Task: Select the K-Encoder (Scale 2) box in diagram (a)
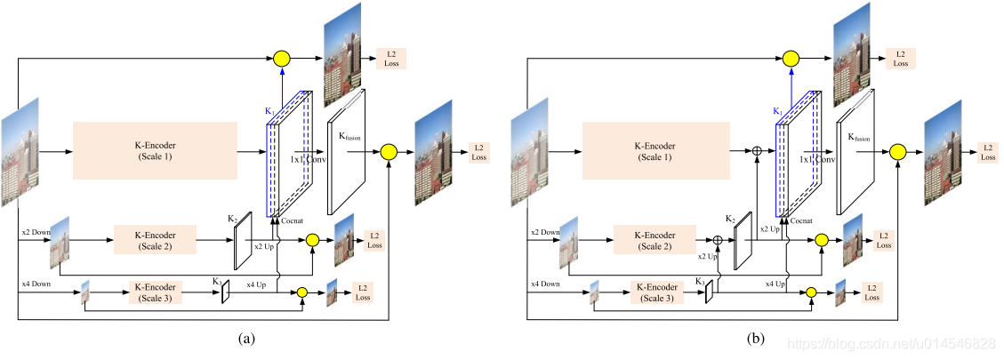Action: tap(155, 240)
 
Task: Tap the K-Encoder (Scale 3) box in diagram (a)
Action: tap(155, 292)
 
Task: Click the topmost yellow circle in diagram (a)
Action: tap(282, 60)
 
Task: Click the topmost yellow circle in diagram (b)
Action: tap(791, 60)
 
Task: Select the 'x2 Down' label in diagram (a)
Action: tap(36, 233)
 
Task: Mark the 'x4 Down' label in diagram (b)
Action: tap(545, 284)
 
